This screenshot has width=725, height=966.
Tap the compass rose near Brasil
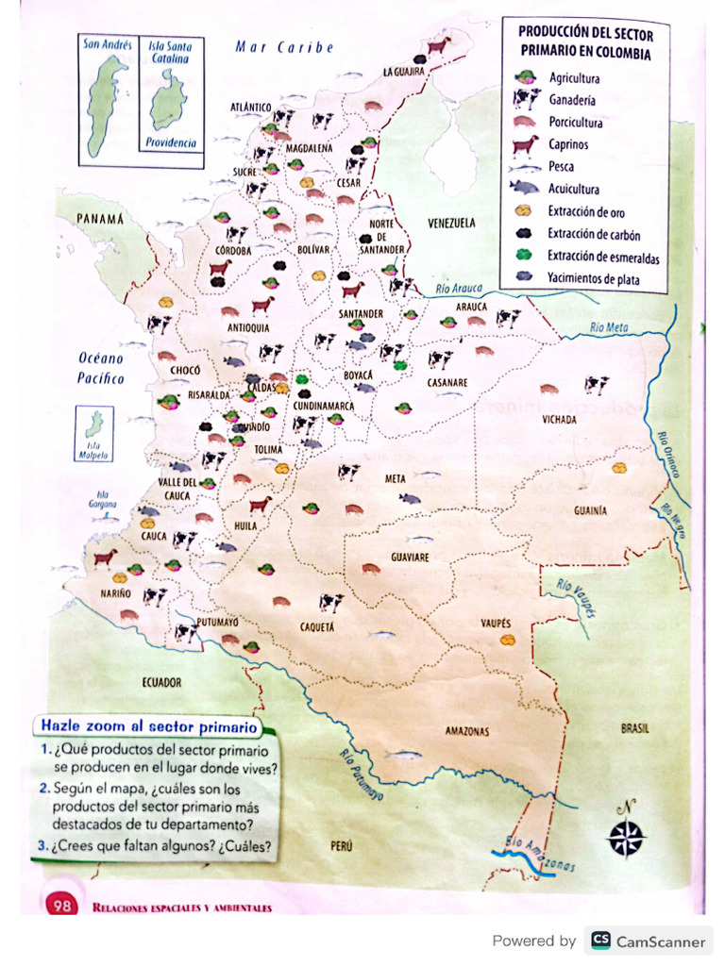click(x=625, y=836)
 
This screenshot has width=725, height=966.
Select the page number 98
click(x=62, y=906)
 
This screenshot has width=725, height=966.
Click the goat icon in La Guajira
click(x=437, y=44)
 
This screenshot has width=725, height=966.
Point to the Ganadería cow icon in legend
click(x=525, y=99)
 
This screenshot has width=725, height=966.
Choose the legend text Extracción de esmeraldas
click(x=603, y=258)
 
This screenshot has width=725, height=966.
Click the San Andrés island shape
click(x=105, y=104)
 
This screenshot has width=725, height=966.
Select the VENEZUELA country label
click(x=451, y=224)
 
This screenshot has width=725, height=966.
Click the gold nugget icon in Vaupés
click(x=508, y=640)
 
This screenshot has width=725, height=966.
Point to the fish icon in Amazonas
click(x=403, y=755)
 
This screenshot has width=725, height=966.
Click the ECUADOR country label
click(x=162, y=682)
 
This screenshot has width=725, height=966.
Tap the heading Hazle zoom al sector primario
click(x=148, y=727)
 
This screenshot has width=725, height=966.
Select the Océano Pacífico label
click(x=101, y=369)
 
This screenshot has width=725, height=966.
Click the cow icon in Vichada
click(x=596, y=384)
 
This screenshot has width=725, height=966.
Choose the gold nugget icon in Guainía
click(x=619, y=467)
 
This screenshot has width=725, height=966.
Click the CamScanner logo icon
click(x=600, y=941)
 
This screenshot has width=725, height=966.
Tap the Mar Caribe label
click(x=284, y=47)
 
